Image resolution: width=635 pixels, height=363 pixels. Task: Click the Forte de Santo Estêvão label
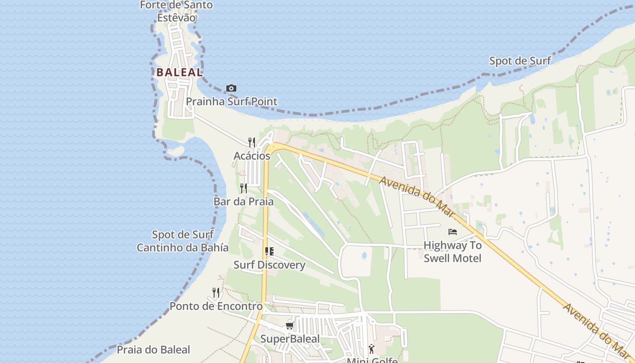tap(176, 11)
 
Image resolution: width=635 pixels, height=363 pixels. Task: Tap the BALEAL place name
tap(180, 72)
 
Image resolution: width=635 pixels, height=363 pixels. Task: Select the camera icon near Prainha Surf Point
tap(231, 88)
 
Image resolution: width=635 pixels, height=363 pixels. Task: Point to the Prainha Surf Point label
tap(232, 101)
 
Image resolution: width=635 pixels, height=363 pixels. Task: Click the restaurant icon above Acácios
tap(252, 142)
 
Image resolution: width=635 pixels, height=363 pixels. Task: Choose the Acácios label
tap(252, 156)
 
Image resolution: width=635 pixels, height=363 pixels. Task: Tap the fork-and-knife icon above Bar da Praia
tap(244, 188)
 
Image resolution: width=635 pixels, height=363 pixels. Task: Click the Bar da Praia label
tap(244, 201)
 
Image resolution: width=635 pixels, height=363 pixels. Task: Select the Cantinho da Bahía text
tap(183, 248)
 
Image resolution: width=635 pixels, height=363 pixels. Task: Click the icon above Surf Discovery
tap(269, 251)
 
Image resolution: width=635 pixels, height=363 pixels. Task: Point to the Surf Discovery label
tap(269, 265)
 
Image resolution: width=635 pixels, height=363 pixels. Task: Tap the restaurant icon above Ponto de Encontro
tap(216, 293)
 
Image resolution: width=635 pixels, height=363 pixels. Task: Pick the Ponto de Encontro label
tap(216, 306)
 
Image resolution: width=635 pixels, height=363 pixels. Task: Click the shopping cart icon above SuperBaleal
tap(290, 325)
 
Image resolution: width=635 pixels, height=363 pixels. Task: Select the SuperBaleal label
tap(290, 339)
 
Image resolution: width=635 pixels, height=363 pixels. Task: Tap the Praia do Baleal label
tap(153, 350)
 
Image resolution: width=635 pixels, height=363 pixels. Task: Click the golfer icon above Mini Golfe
tap(372, 349)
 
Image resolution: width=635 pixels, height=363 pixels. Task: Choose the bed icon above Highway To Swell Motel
tap(452, 232)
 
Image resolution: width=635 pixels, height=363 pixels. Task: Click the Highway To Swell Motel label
tap(452, 252)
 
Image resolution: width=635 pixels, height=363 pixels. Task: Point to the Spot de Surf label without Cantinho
tap(520, 61)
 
